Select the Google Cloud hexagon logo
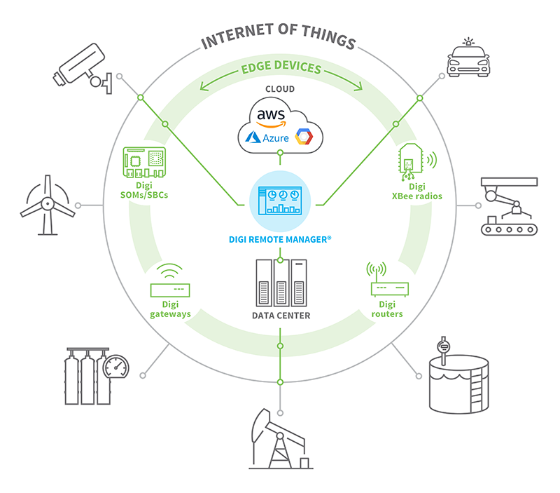pyautogui.click(x=304, y=135)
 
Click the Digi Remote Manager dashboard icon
pyautogui.click(x=280, y=198)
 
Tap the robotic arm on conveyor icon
pyautogui.click(x=507, y=207)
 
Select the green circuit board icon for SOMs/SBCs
pyautogui.click(x=144, y=162)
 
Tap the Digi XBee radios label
pyautogui.click(x=416, y=191)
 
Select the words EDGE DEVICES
pyautogui.click(x=281, y=69)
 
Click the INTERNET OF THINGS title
pyautogui.click(x=279, y=39)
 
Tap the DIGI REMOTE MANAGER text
pyautogui.click(x=280, y=239)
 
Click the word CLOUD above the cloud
pyautogui.click(x=280, y=89)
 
